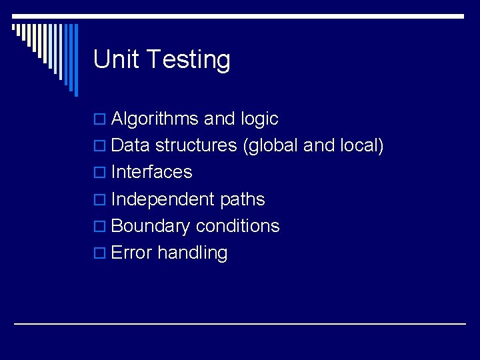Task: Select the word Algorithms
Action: (155, 119)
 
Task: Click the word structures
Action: (196, 145)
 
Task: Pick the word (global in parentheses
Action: (271, 146)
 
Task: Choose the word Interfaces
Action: (151, 172)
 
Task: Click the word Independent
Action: (163, 199)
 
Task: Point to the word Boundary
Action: (151, 227)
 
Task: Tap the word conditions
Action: (237, 226)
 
